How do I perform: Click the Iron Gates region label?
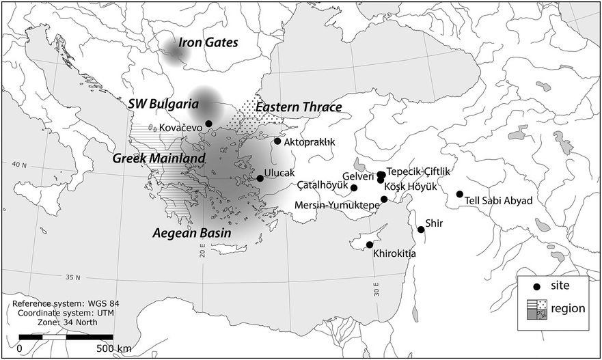click(208, 43)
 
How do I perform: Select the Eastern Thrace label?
click(298, 107)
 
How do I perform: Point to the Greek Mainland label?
click(159, 158)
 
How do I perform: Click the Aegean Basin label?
click(191, 233)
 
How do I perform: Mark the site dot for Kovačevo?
click(208, 124)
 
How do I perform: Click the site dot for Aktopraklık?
click(277, 141)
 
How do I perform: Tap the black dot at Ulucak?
click(260, 178)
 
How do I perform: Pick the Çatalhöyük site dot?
click(354, 188)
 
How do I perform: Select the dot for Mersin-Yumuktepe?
click(385, 199)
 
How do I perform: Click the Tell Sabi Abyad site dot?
click(460, 194)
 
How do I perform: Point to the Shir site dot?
click(421, 230)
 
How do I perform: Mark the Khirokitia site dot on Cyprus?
click(370, 245)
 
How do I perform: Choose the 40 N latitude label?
click(19, 165)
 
